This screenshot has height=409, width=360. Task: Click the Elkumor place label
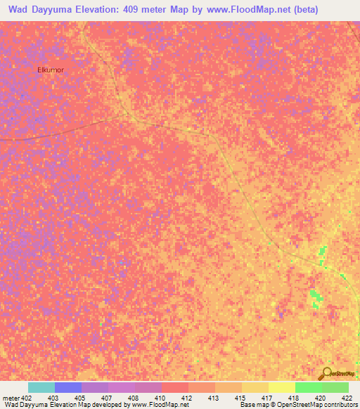[50, 70]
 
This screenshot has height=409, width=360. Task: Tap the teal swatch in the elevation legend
[41, 387]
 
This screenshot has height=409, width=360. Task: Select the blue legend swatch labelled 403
[68, 387]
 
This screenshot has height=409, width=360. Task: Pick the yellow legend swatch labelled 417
[255, 387]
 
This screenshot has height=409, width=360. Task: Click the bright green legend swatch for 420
[308, 387]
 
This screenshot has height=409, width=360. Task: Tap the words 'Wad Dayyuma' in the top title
[39, 10]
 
